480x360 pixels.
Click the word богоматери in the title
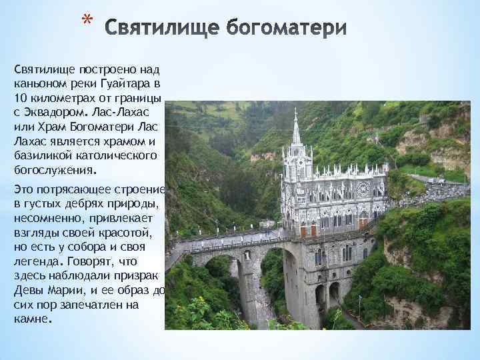[x=287, y=29]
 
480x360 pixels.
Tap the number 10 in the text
[x=19, y=98]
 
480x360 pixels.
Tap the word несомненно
[x=45, y=219]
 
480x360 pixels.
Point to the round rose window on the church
[x=364, y=189]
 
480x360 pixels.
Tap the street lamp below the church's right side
[x=360, y=303]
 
